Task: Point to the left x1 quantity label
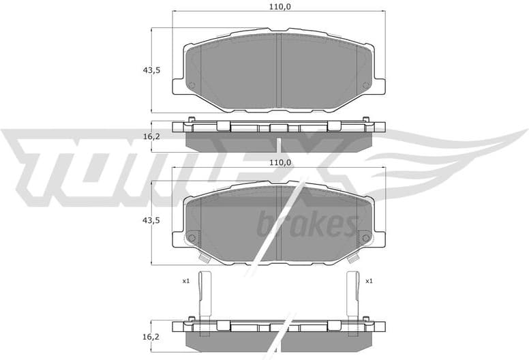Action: click(185, 281)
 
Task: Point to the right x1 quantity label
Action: click(369, 281)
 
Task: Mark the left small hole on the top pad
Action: click(192, 85)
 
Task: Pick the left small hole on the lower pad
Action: click(192, 238)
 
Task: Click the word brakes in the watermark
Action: click(307, 224)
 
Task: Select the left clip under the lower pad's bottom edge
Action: click(204, 258)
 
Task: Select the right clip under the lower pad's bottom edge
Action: click(353, 258)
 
